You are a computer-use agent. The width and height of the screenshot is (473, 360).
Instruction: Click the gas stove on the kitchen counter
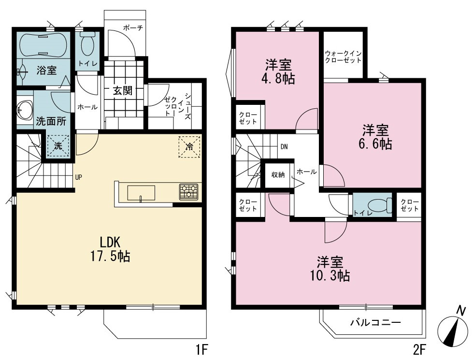(188, 192)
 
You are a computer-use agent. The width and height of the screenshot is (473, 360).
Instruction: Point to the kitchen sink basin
(141, 193)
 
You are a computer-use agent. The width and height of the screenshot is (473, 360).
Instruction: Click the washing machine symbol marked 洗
(58, 146)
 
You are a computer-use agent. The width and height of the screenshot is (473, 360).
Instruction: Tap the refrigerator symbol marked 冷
(190, 147)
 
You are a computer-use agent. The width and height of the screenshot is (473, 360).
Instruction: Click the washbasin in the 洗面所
(25, 110)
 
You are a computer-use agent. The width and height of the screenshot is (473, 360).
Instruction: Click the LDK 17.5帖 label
(110, 249)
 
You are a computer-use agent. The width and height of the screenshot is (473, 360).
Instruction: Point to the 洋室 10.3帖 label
(330, 269)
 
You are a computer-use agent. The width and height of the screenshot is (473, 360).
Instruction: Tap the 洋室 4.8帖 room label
(278, 72)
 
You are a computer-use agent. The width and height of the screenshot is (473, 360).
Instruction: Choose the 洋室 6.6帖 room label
(375, 137)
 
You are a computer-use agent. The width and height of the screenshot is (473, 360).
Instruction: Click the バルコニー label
(375, 323)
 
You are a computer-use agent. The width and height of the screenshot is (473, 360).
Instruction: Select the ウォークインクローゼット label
(344, 57)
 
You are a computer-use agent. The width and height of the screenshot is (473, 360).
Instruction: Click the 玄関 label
(123, 90)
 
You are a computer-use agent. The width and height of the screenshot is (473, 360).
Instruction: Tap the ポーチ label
(133, 28)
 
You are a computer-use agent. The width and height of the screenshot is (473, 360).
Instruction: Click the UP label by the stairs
(78, 177)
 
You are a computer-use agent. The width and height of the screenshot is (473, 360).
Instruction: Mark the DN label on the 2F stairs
(284, 146)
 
